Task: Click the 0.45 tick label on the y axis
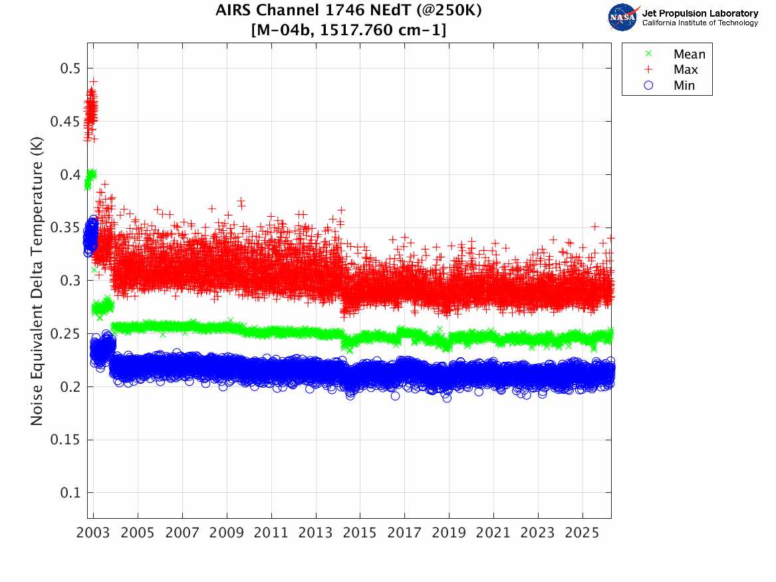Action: click(x=66, y=121)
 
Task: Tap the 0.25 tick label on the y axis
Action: click(x=66, y=333)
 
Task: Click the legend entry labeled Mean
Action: click(x=689, y=55)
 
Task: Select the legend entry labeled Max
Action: click(x=686, y=70)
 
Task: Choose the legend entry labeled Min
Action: click(x=684, y=85)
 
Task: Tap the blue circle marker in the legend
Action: click(x=648, y=85)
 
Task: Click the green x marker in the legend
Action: click(x=648, y=55)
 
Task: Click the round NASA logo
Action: click(x=622, y=17)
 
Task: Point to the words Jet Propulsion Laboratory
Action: click(x=700, y=13)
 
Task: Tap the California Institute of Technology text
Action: click(x=700, y=23)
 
